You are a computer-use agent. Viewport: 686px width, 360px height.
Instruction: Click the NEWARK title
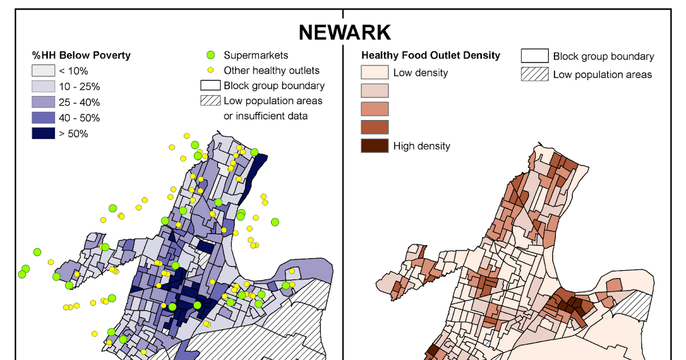click(344, 33)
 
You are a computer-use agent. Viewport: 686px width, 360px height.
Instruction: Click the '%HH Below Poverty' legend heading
click(81, 55)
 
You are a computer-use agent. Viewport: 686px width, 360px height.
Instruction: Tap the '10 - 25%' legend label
click(79, 87)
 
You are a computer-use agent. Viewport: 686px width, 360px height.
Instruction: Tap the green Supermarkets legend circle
click(210, 55)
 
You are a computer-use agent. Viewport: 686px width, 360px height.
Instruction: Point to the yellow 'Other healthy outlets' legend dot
click(210, 70)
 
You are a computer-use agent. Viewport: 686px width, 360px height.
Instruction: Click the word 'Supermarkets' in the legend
click(256, 55)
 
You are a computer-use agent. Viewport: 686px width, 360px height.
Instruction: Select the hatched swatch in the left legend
click(210, 101)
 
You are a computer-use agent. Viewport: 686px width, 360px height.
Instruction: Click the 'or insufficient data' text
click(265, 116)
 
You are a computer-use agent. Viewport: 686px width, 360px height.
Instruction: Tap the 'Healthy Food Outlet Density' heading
click(430, 55)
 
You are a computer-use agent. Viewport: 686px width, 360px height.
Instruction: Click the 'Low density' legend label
click(420, 73)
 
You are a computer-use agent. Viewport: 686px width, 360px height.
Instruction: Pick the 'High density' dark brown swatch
click(374, 145)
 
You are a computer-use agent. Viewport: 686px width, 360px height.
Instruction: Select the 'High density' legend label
click(421, 146)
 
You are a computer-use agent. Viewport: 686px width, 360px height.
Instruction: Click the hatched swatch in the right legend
click(535, 74)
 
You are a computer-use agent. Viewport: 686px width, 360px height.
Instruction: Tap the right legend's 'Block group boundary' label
click(603, 57)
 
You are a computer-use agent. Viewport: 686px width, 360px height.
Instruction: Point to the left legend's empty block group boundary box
click(210, 86)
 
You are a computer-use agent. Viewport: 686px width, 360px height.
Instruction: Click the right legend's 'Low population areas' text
click(602, 74)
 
